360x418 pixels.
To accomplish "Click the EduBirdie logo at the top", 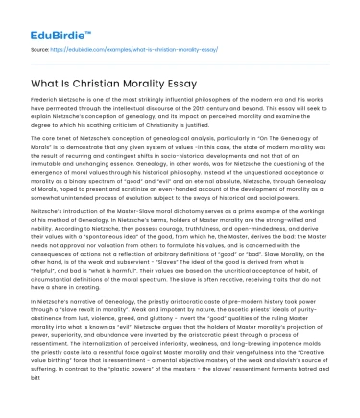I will [44, 18].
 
